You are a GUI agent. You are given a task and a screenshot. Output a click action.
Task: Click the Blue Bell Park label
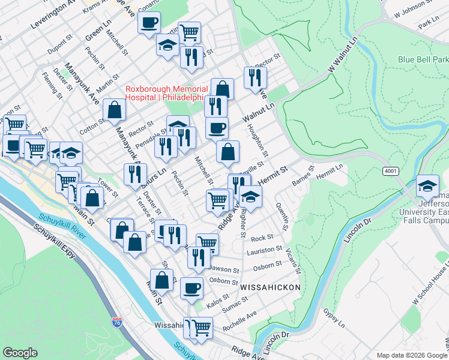pos(423,60)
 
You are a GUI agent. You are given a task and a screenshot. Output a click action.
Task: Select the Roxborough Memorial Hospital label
pos(166,94)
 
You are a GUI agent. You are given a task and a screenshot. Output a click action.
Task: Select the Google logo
pos(20,353)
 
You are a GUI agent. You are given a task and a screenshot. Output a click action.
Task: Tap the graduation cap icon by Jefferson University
pos(427,187)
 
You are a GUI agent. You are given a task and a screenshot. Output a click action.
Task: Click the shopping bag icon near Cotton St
pos(114,110)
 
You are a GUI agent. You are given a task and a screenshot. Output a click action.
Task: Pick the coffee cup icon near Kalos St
pos(191,287)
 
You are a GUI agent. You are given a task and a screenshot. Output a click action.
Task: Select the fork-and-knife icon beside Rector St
pos(255,77)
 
